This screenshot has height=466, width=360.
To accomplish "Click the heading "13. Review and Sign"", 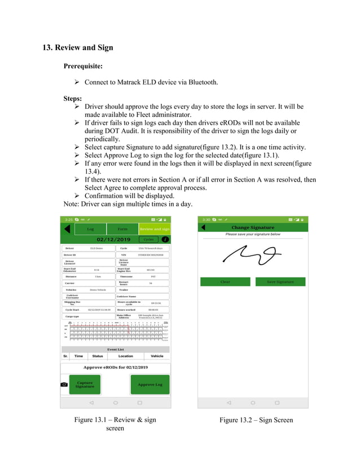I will point(78,47).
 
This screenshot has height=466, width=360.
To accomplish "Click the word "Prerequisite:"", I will point(82,67).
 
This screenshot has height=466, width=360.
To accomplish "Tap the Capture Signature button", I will point(85,384).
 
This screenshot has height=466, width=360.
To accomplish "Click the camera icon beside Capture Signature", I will point(64,384).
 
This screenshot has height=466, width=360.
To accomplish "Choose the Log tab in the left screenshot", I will point(90,229).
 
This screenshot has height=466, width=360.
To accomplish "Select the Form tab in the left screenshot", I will point(122,229).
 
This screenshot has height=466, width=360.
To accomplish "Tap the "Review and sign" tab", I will point(154,229).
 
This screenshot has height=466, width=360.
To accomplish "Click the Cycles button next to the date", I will point(148,240).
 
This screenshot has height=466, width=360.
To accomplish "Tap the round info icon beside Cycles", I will point(165,240).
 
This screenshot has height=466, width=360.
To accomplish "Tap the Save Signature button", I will point(280,282).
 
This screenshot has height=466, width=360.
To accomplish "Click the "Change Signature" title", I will point(253,227).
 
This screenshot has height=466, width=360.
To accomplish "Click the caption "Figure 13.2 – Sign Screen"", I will point(256,420).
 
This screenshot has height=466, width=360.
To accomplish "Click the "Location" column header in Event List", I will point(126,356).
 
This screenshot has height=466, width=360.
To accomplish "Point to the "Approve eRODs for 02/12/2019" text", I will point(115,367).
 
